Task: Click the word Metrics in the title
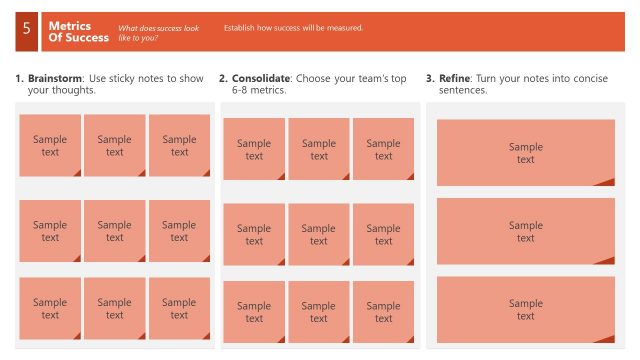coord(70,26)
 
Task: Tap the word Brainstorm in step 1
coord(55,78)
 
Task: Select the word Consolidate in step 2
coord(261,78)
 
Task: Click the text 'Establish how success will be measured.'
coord(293,28)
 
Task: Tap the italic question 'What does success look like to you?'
coord(158,32)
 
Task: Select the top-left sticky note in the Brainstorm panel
coord(50,145)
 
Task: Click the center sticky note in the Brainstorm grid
coord(115,231)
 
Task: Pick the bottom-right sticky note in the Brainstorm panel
coord(179,308)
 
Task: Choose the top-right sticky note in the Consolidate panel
coord(383,149)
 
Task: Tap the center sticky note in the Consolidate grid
coord(318,234)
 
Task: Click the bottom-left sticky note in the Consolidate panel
coord(254,312)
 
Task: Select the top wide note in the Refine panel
coord(525,152)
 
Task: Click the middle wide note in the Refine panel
coord(525,231)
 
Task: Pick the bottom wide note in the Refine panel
coord(525,309)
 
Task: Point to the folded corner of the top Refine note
coord(605,181)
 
